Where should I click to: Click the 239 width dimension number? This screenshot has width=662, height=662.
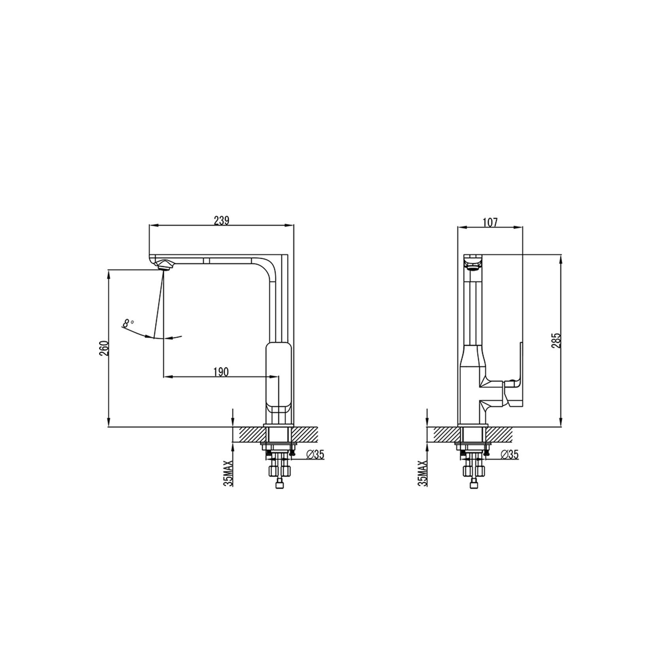(x=221, y=220)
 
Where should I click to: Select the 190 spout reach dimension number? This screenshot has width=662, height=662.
(x=221, y=372)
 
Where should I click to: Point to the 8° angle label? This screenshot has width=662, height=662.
(x=128, y=323)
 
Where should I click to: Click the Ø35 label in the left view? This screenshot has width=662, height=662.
(x=315, y=455)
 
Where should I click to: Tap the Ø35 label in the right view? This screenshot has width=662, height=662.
(x=509, y=455)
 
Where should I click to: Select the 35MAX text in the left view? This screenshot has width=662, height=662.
(x=228, y=473)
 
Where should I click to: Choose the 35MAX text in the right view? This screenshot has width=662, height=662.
(x=423, y=473)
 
